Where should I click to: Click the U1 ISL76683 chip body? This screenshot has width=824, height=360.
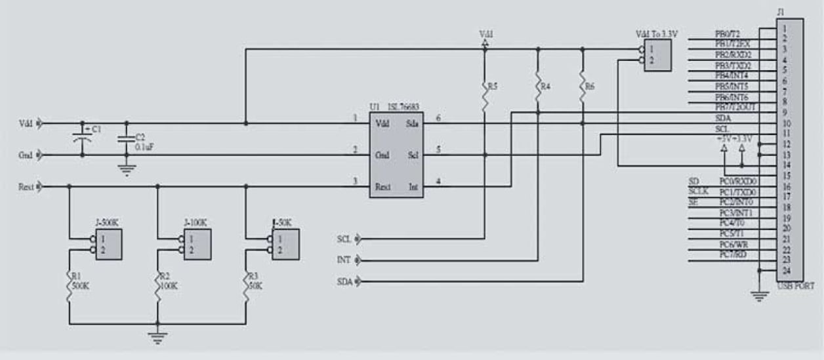(396, 154)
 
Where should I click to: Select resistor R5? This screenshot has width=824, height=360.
(485, 96)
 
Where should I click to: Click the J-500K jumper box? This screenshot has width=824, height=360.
(108, 244)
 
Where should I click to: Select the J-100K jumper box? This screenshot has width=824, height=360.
(197, 244)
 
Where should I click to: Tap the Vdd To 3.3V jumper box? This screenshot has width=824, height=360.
(657, 55)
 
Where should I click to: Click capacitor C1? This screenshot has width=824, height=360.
(82, 138)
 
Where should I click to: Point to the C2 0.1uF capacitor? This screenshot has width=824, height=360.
(127, 138)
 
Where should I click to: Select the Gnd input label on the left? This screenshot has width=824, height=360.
(26, 155)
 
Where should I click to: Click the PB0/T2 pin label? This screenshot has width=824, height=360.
(728, 33)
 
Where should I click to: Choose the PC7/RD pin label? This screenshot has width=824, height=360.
(731, 254)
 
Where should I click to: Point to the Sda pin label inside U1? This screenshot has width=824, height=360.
(413, 123)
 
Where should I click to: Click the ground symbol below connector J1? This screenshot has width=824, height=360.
(760, 297)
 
